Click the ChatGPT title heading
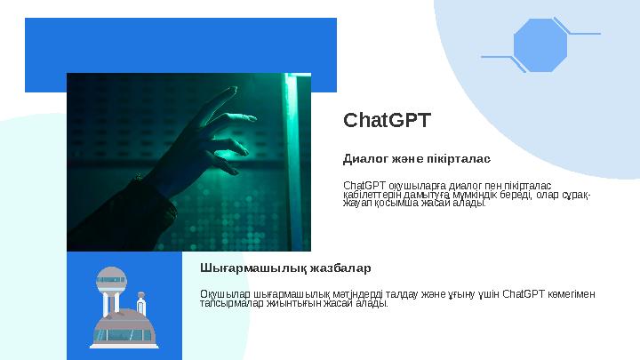pos(387,120)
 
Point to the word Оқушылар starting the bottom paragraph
pos(220,294)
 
